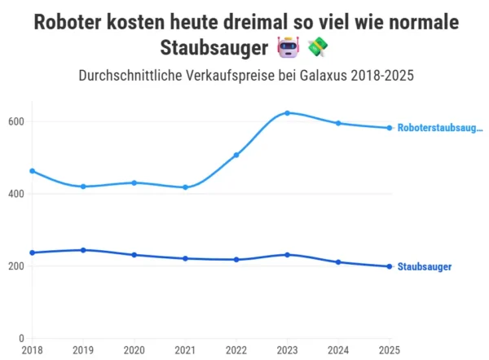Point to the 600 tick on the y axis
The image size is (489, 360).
[16, 122]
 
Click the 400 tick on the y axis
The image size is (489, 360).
[16, 194]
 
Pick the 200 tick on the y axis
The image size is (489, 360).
[16, 266]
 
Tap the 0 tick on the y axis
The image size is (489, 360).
[22, 338]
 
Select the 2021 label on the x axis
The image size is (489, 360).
[184, 350]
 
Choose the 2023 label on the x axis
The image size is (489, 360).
[287, 350]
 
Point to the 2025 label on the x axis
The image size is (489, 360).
[389, 350]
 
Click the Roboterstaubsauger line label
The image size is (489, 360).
[440, 128]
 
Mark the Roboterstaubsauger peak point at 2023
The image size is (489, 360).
[287, 113]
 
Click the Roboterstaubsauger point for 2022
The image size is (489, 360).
[236, 155]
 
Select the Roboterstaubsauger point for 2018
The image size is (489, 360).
[31, 171]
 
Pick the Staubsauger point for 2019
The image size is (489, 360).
[82, 250]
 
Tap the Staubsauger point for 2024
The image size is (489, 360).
[338, 262]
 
